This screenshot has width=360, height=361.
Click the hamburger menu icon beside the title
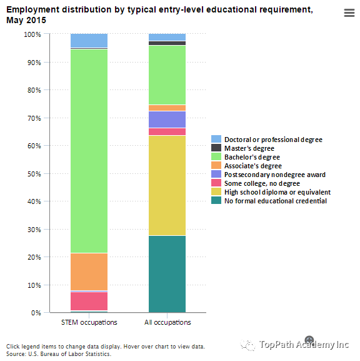tap(349, 13)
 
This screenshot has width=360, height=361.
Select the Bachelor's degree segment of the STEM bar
tap(89, 151)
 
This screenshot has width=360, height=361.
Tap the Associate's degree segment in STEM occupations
tap(89, 272)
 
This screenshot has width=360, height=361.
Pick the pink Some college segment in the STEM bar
tap(89, 301)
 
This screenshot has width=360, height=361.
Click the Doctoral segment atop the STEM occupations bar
tap(89, 41)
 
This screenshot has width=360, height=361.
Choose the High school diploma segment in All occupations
tap(167, 186)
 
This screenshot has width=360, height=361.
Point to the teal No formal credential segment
tap(167, 274)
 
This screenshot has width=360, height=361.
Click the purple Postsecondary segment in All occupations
tap(167, 119)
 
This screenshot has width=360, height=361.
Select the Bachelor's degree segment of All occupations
tap(167, 75)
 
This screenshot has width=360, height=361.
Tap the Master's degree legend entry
tap(242, 148)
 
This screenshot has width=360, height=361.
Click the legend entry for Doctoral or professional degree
tap(267, 140)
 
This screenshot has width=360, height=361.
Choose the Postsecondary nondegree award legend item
tap(268, 175)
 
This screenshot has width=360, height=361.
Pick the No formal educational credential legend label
tap(276, 201)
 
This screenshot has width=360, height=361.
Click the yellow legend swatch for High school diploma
tap(216, 192)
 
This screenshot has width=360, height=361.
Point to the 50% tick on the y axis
tap(47, 173)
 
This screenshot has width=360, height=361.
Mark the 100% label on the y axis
tap(32, 34)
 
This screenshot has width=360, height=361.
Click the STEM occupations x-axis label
tap(89, 322)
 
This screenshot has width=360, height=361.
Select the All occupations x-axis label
tap(167, 322)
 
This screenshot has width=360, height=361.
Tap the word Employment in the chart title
tap(33, 10)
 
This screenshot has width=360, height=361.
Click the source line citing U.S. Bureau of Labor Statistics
tap(59, 353)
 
